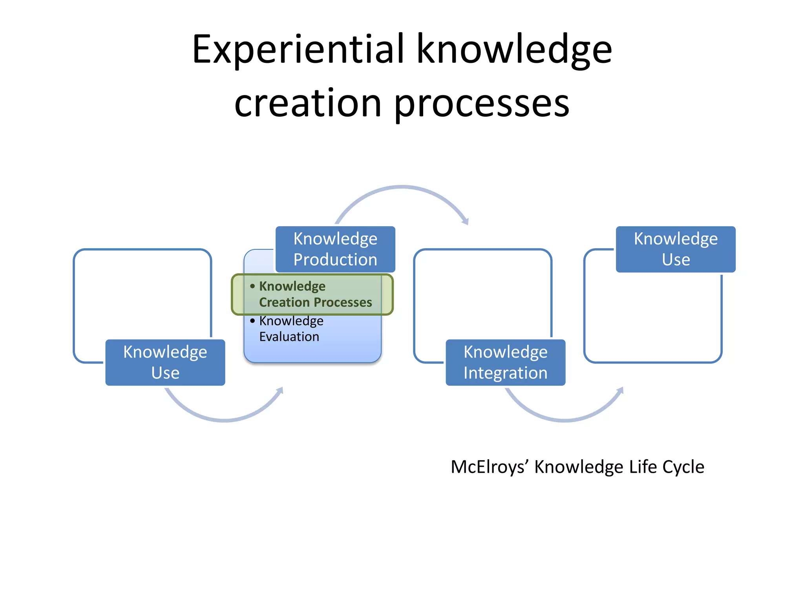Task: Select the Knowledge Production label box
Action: point(335,249)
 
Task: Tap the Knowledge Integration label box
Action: point(505,362)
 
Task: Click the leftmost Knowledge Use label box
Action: point(165,362)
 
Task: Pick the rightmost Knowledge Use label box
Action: point(675,249)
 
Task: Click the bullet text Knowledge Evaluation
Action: point(291,329)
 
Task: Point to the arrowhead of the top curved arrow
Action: point(466,221)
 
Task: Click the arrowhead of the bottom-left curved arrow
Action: point(280,391)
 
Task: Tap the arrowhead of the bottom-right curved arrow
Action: point(620,391)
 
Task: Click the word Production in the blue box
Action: point(335,260)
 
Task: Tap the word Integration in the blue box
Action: point(505,373)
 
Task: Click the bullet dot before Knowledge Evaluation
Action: point(252,321)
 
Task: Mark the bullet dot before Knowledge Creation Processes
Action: point(252,286)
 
